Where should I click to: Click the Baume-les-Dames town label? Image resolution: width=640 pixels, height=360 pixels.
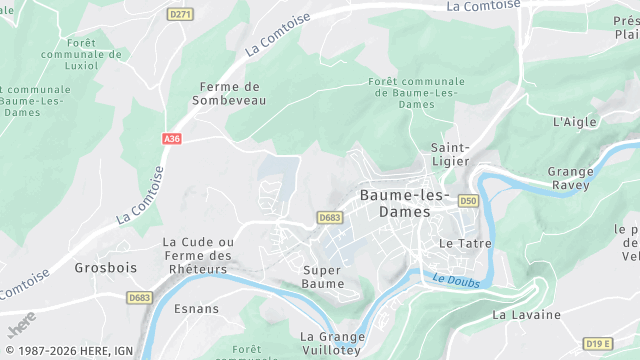pyautogui.click(x=404, y=203)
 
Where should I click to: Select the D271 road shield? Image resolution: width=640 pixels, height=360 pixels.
pyautogui.click(x=180, y=14)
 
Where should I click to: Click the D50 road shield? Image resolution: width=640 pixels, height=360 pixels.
pyautogui.click(x=468, y=201)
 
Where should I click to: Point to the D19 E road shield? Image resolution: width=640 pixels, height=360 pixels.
pyautogui.click(x=598, y=343)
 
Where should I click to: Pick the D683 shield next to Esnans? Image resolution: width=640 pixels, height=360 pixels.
pyautogui.click(x=140, y=297)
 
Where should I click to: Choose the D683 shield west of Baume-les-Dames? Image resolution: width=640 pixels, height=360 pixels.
pyautogui.click(x=330, y=217)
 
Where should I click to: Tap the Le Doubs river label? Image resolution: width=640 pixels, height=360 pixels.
pyautogui.click(x=457, y=282)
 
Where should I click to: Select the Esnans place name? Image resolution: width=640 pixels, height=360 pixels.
pyautogui.click(x=196, y=308)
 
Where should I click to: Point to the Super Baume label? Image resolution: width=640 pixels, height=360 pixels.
pyautogui.click(x=323, y=276)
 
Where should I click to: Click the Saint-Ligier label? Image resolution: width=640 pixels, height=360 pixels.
pyautogui.click(x=451, y=155)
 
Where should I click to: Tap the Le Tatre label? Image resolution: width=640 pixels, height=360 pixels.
pyautogui.click(x=461, y=243)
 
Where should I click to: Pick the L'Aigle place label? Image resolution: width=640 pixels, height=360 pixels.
pyautogui.click(x=574, y=122)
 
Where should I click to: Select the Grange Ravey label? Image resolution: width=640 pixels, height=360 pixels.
pyautogui.click(x=570, y=178)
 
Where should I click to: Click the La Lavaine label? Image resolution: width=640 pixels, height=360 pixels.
pyautogui.click(x=526, y=315)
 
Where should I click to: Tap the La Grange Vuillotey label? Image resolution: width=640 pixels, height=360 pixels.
pyautogui.click(x=330, y=343)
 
